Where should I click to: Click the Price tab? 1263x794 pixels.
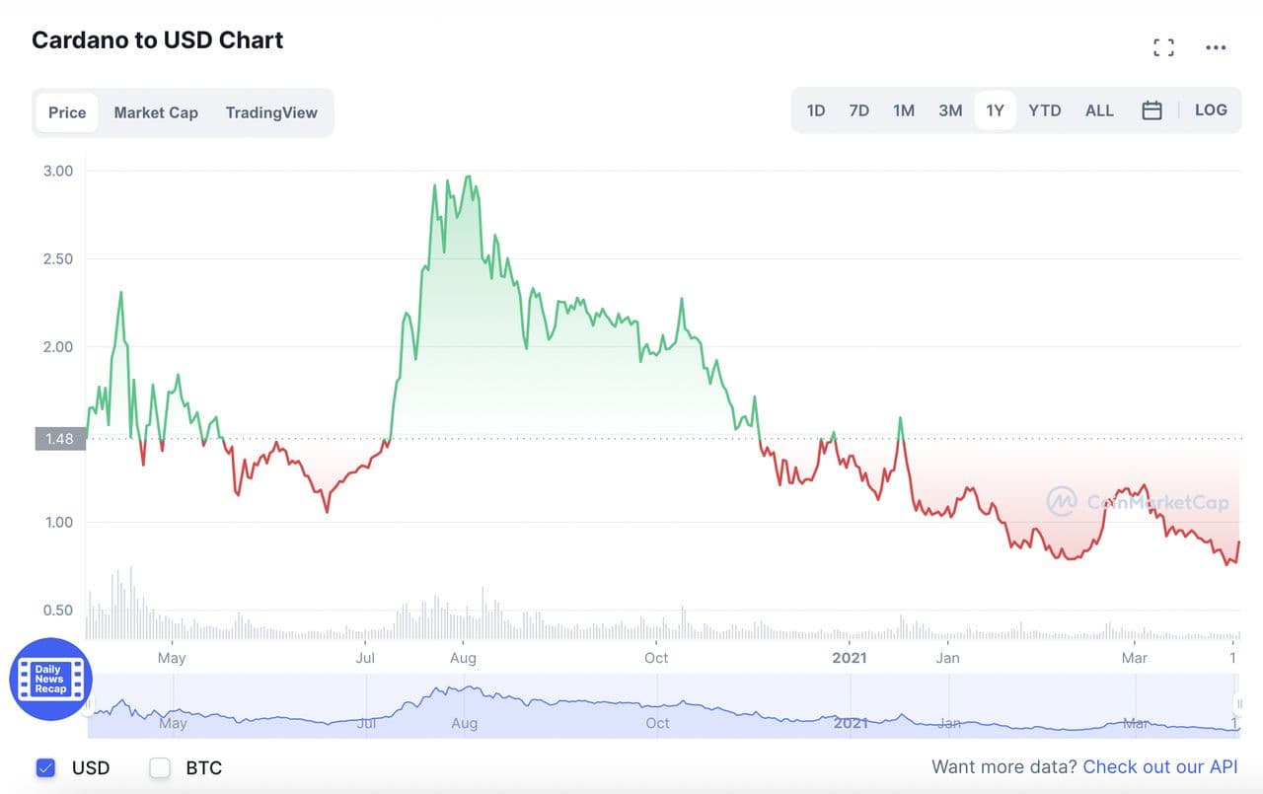[67, 112]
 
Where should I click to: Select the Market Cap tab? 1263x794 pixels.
[156, 112]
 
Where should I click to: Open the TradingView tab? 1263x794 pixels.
[271, 112]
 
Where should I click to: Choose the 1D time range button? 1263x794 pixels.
[816, 110]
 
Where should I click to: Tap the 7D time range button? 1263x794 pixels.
[859, 110]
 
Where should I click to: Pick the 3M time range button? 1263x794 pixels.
[950, 110]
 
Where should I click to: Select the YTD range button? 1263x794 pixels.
[1045, 110]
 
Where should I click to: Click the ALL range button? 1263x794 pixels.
[1099, 110]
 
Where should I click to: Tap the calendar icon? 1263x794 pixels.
[1152, 110]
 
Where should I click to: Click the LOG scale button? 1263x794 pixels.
[1211, 110]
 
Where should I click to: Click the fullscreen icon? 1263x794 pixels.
[1164, 47]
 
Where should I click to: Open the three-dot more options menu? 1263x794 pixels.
[1216, 47]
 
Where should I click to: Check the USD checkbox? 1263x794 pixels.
[45, 767]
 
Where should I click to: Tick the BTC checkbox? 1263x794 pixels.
[160, 767]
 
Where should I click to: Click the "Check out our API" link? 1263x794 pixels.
[1159, 767]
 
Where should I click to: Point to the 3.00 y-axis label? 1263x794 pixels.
[58, 171]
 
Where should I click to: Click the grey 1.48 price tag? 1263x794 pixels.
[60, 439]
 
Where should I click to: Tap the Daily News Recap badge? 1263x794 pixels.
[50, 679]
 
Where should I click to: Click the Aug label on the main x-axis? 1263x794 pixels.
[463, 658]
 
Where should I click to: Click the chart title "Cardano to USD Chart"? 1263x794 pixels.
[158, 40]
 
